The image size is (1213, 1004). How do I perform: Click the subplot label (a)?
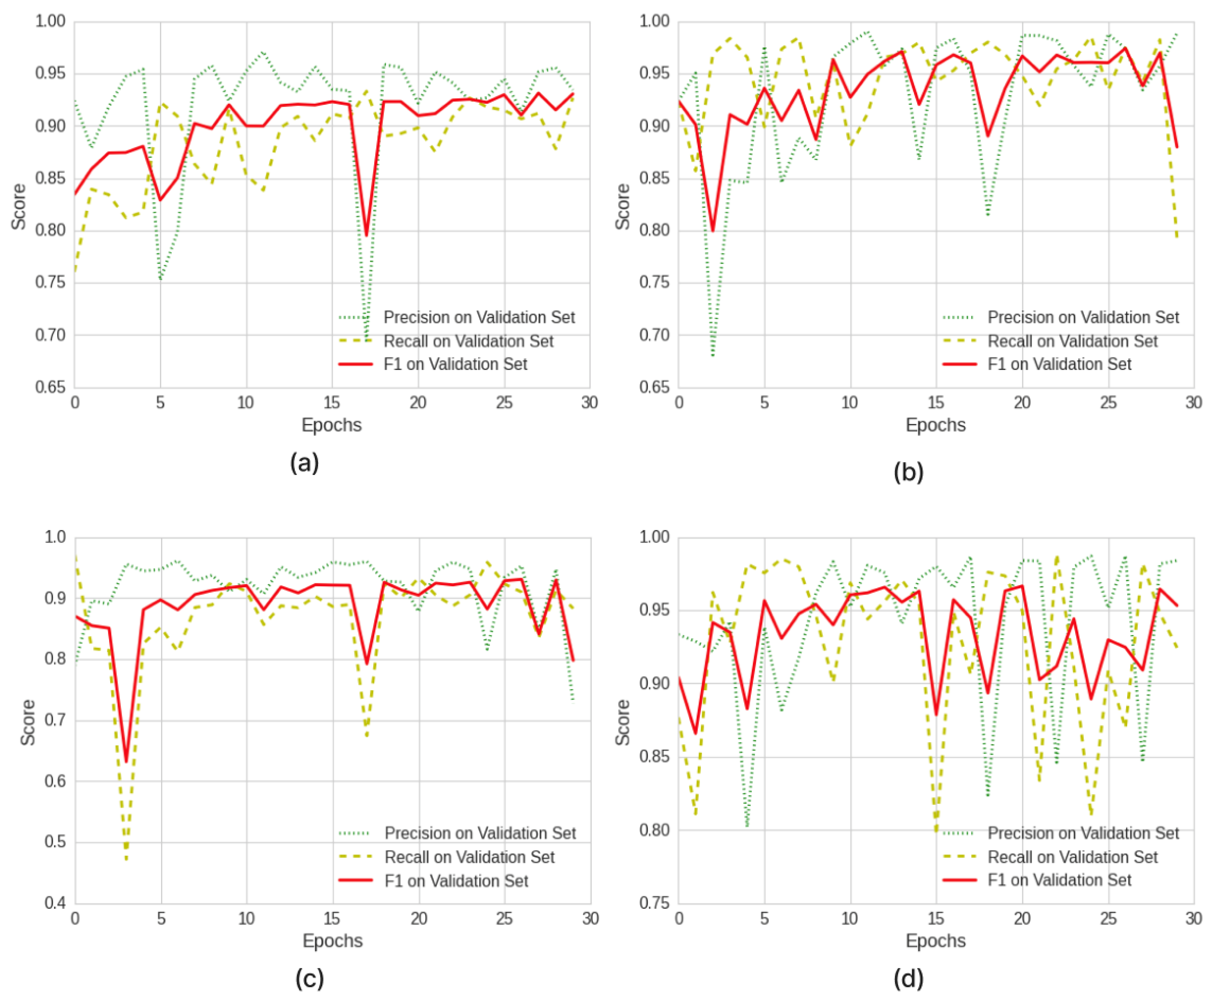(304, 463)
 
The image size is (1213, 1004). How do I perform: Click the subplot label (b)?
(908, 472)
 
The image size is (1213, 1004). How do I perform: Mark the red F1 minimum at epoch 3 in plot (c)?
(127, 761)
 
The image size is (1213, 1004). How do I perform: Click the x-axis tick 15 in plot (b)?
(936, 403)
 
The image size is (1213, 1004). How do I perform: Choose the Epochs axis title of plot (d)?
(935, 940)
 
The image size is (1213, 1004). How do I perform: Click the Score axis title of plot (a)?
(19, 206)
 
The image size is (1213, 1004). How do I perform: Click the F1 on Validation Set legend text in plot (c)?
(456, 880)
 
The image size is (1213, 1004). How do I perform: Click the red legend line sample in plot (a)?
(355, 364)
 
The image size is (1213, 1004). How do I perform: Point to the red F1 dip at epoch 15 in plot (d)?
(936, 714)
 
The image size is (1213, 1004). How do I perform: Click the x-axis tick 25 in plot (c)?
(504, 919)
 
